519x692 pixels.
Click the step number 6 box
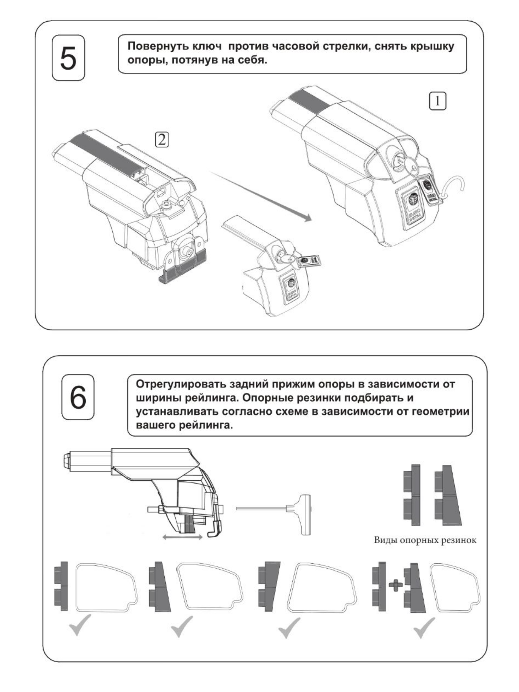click(78, 397)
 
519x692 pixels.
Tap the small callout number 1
click(437, 101)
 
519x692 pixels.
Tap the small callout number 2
click(162, 140)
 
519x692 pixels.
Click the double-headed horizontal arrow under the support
click(183, 537)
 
